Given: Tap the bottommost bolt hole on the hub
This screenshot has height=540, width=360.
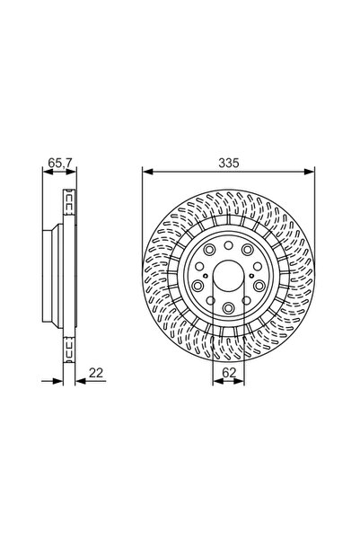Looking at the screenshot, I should [x=228, y=309].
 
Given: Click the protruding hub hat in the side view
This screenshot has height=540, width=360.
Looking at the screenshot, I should [x=50, y=275].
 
